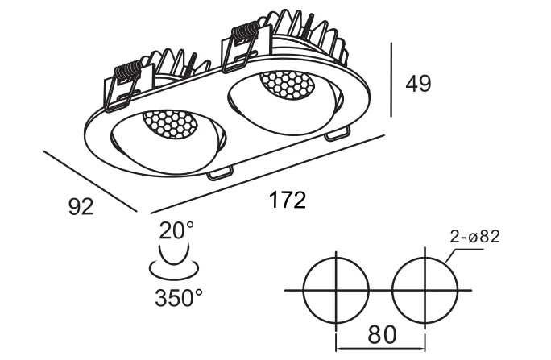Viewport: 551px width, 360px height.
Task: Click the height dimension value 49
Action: (418, 84)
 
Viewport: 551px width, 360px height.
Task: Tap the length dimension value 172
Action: (288, 201)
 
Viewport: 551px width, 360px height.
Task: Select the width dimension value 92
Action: (81, 206)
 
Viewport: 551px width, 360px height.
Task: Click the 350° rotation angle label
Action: (179, 298)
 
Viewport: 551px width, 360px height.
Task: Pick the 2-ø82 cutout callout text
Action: (474, 237)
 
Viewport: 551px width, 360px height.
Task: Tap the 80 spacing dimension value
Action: (382, 334)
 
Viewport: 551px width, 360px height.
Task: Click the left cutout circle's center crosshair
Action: (337, 291)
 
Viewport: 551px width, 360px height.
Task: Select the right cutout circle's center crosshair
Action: (425, 291)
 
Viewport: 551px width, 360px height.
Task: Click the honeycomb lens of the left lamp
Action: (169, 124)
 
